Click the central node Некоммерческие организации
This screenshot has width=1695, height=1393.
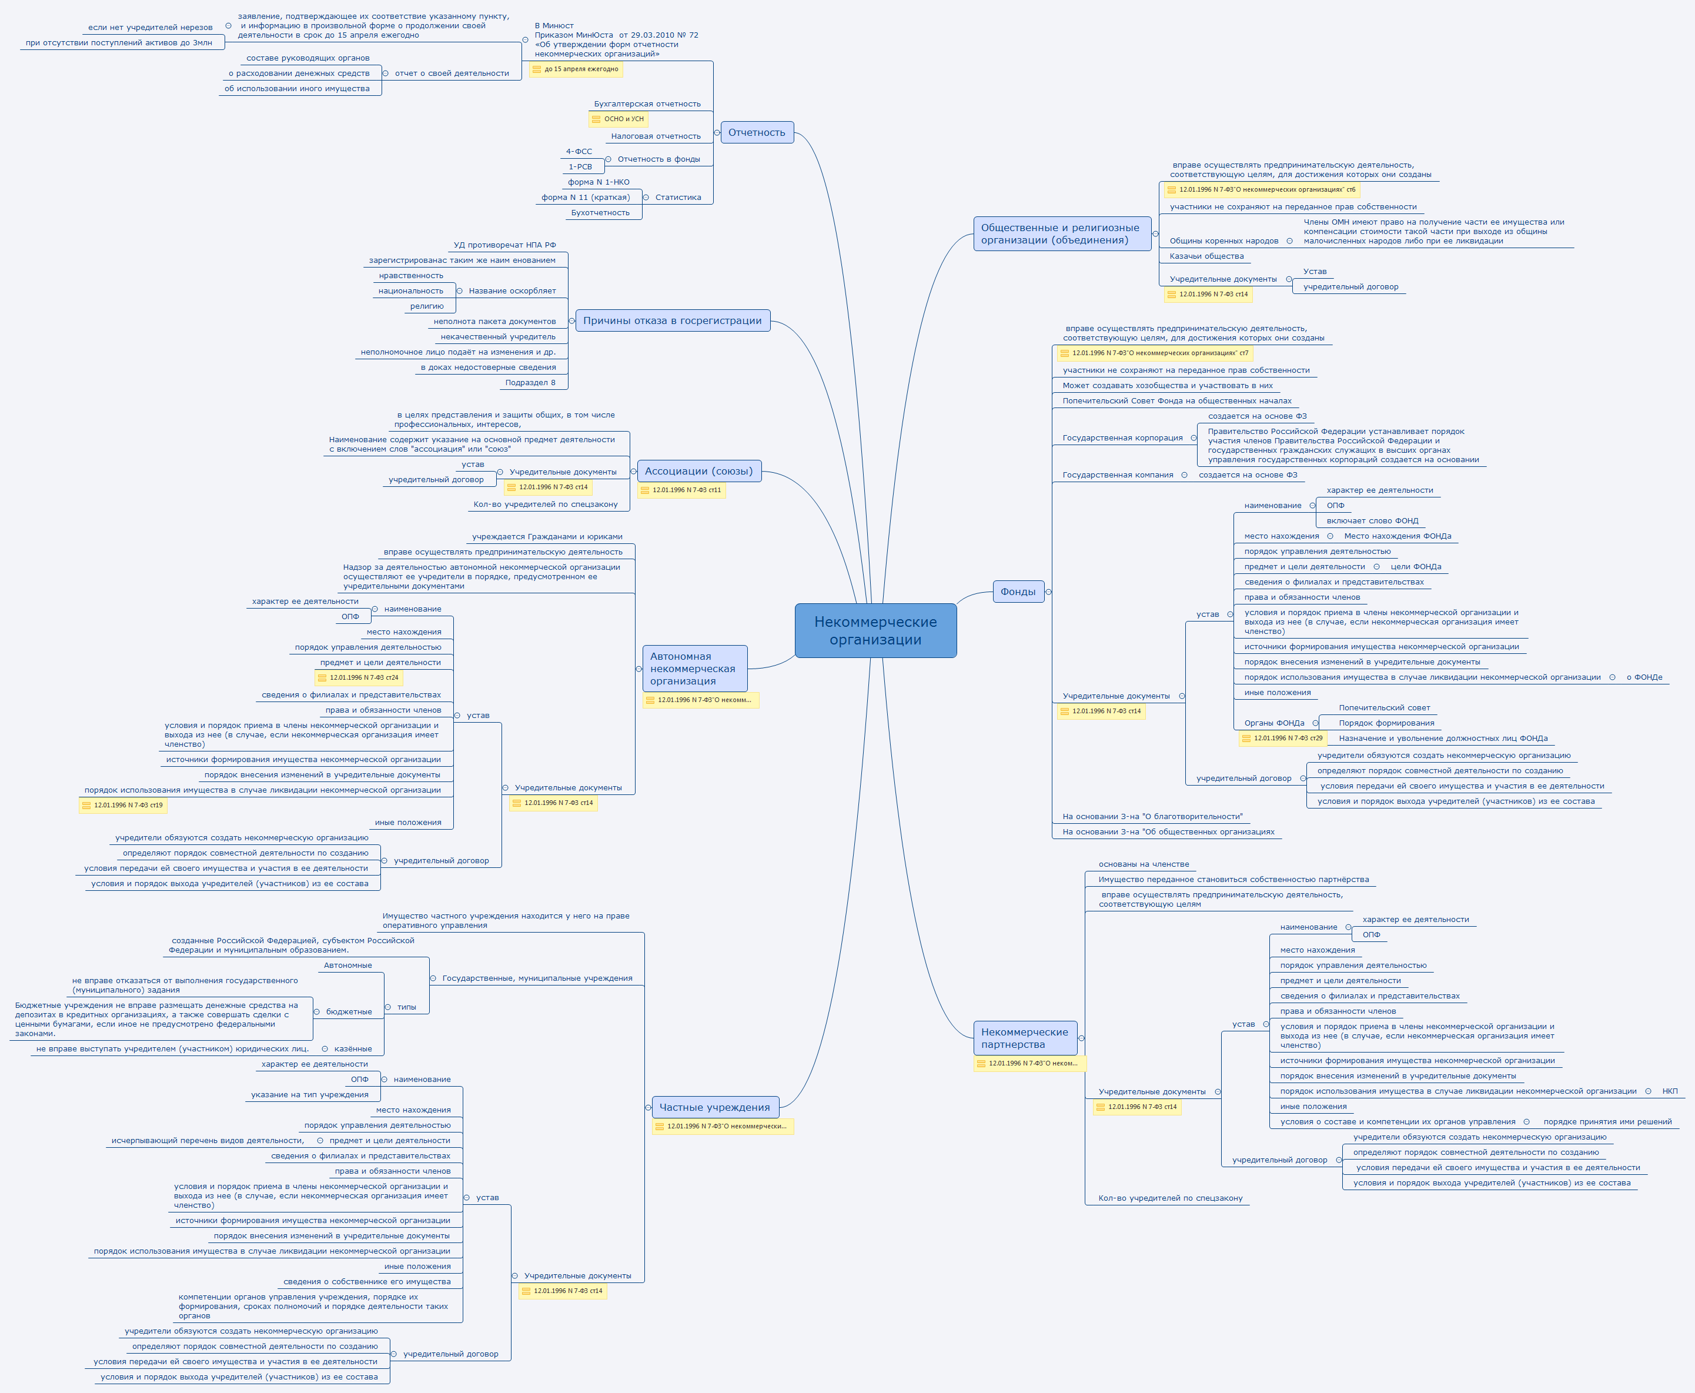[x=875, y=631]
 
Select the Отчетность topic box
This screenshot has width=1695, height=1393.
[x=757, y=132]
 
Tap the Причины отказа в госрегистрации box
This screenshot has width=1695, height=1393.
[x=672, y=320]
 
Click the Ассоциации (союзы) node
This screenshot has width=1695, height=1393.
[x=698, y=471]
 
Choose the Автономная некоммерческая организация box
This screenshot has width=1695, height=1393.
[x=694, y=669]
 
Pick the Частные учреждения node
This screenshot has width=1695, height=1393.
[x=714, y=1107]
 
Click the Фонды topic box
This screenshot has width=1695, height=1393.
[x=1018, y=592]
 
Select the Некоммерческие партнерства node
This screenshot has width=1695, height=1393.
[x=1024, y=1038]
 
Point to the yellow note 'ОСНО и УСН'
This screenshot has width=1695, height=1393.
[x=623, y=119]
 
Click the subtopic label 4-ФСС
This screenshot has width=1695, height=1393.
[x=579, y=152]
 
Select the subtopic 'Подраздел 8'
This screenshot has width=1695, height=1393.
[x=530, y=383]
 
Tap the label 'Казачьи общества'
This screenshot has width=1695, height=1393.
[x=1206, y=256]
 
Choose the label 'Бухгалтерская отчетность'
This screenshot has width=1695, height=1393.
[x=647, y=103]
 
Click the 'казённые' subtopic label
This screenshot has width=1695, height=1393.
[x=353, y=1049]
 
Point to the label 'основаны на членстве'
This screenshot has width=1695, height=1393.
[x=1143, y=864]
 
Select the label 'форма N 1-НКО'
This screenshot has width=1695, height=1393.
[x=599, y=182]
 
